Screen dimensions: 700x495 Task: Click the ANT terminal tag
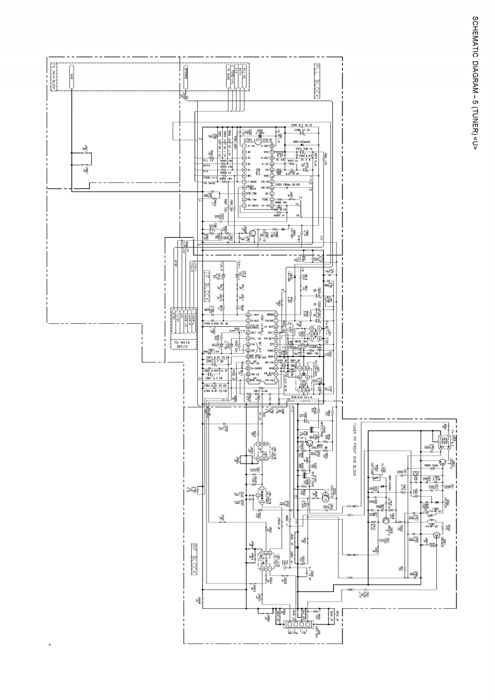[351, 588]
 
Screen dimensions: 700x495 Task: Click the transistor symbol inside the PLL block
[253, 234]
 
